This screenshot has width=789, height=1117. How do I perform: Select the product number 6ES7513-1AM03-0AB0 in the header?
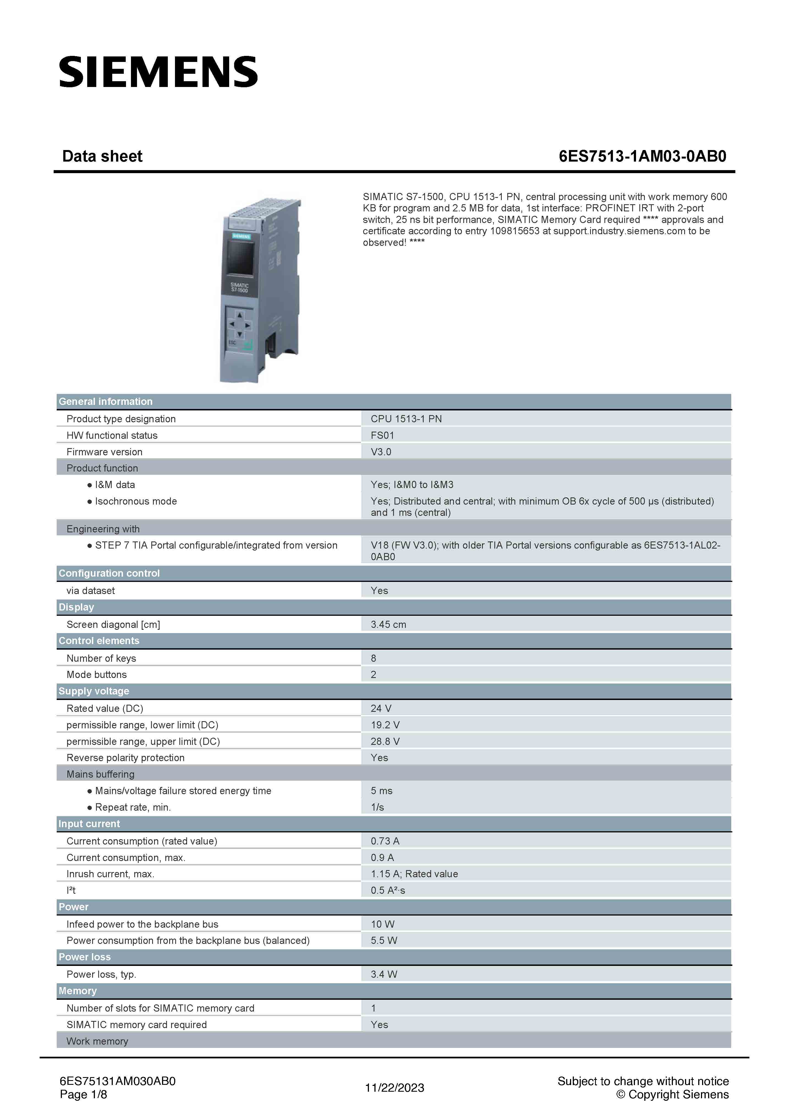(x=642, y=156)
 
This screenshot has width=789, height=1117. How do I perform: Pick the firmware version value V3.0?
(x=381, y=452)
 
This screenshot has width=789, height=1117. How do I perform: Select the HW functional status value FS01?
(x=382, y=435)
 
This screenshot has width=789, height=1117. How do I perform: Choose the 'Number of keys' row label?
(x=101, y=658)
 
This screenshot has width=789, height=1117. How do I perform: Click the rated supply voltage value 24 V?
(x=381, y=708)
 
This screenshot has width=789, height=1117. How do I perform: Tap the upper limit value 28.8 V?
(x=385, y=742)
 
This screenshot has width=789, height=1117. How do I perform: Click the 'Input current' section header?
(x=89, y=824)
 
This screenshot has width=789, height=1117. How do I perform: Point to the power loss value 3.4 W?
(x=383, y=974)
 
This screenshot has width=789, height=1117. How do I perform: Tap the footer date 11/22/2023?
(x=394, y=1088)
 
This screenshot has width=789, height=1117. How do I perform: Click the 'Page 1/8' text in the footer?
(x=83, y=1095)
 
